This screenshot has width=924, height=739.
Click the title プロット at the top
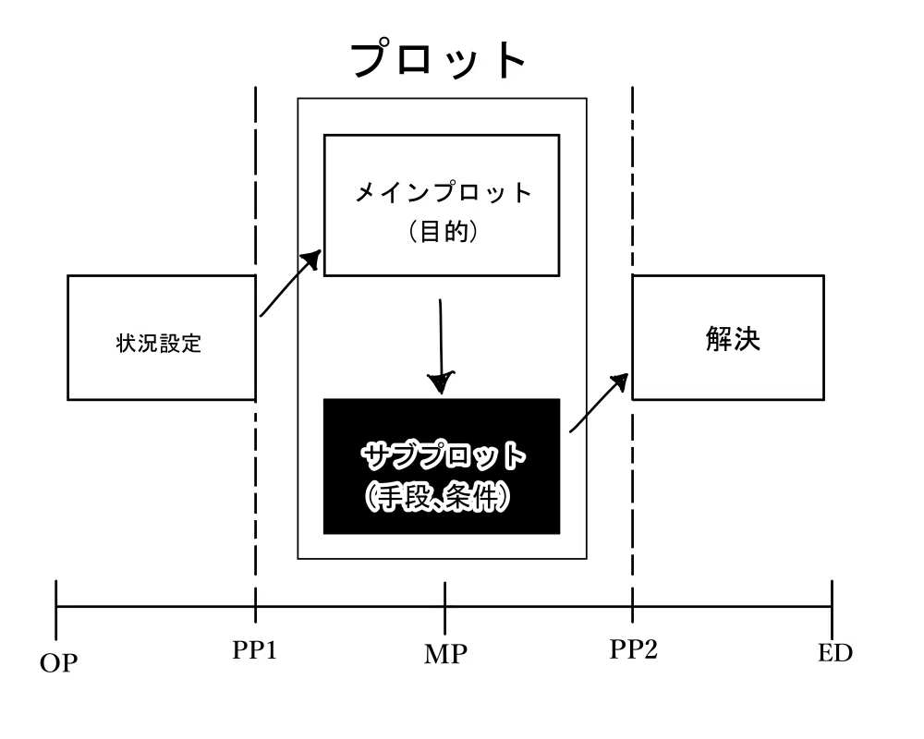pyautogui.click(x=438, y=59)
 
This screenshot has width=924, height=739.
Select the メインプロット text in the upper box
pyautogui.click(x=443, y=193)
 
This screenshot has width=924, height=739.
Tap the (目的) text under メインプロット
pyautogui.click(x=443, y=232)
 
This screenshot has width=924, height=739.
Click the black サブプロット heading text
pyautogui.click(x=443, y=455)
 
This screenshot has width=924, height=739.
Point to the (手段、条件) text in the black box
pyautogui.click(x=437, y=497)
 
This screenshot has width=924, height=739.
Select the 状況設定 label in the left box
pyautogui.click(x=159, y=343)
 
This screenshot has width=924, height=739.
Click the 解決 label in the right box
pyautogui.click(x=733, y=339)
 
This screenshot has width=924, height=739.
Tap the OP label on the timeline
pyautogui.click(x=58, y=663)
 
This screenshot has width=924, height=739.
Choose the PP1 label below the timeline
pyautogui.click(x=255, y=650)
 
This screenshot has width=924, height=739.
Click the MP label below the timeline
pyautogui.click(x=445, y=654)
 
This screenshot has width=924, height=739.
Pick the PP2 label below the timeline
pyautogui.click(x=634, y=649)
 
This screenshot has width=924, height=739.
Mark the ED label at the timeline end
pyautogui.click(x=835, y=653)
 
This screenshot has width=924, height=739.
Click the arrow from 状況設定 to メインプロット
pyautogui.click(x=290, y=284)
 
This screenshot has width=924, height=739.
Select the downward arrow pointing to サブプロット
pyautogui.click(x=441, y=346)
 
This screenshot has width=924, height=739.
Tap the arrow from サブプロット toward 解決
pyautogui.click(x=599, y=403)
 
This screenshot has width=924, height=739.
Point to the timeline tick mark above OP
pyautogui.click(x=56, y=610)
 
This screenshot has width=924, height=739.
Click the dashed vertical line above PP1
pyautogui.click(x=255, y=355)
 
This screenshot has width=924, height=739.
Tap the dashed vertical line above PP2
pyautogui.click(x=632, y=355)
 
